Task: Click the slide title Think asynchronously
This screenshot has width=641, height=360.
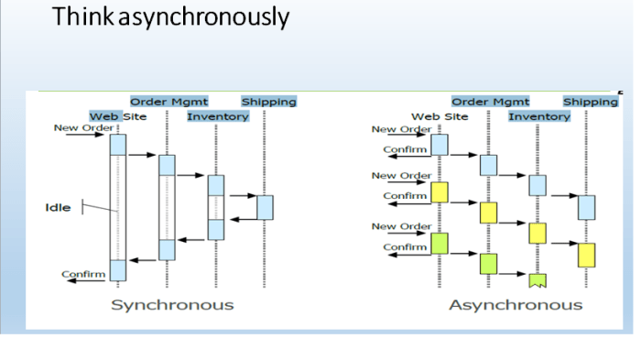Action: coord(170,17)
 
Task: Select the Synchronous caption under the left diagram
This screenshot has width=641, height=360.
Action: coord(172,304)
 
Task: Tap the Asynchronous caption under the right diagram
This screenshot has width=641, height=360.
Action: coord(515,304)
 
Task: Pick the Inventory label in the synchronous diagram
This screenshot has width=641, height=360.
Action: coord(218,116)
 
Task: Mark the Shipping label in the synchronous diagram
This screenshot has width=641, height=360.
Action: coord(268,102)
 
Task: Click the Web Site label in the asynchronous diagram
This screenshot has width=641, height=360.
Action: coord(439,116)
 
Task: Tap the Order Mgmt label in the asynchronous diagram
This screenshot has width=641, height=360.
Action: coord(491,102)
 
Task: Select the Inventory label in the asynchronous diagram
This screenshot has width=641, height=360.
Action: coord(539,116)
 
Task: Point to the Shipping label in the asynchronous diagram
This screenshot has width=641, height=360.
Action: coord(590,102)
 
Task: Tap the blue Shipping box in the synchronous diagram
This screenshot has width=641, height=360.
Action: coord(265,208)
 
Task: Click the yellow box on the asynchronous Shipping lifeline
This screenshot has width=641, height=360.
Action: coord(586,254)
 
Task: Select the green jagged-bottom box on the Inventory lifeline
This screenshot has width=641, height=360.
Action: coord(538,278)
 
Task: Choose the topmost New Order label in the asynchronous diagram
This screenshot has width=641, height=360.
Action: coord(401,129)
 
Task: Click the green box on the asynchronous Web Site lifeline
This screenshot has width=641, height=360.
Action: coord(440,244)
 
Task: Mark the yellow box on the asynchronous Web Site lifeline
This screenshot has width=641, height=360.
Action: coord(440,192)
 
